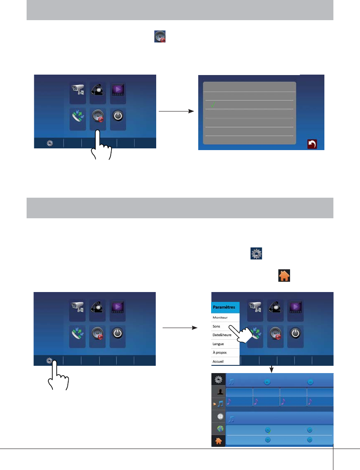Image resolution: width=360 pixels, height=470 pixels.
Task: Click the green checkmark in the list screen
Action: point(212,105)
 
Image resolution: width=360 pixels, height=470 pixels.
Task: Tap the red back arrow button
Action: point(312,145)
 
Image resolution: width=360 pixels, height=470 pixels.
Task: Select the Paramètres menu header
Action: point(226,307)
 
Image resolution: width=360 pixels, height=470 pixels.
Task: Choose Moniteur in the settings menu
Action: point(220,317)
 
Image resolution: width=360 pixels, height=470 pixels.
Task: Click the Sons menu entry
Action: point(217,326)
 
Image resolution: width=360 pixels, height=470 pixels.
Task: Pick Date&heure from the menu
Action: point(222,335)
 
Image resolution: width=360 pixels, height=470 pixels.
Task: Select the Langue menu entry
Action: point(218,344)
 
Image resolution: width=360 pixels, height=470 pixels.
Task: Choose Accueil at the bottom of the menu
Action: point(218,362)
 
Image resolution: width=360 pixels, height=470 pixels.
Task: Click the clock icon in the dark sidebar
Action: point(219,416)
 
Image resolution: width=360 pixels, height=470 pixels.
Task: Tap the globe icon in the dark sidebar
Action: point(219,428)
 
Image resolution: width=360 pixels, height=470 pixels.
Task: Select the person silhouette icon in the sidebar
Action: point(219,391)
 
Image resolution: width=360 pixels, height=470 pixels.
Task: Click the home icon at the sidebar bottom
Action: point(219,440)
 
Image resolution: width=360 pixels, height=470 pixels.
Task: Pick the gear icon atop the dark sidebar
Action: point(219,379)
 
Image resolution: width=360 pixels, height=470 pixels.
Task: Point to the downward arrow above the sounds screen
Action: point(271,369)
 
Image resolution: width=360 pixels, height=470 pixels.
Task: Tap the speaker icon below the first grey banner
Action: point(160,36)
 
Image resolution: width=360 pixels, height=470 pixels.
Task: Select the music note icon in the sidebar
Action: point(220,404)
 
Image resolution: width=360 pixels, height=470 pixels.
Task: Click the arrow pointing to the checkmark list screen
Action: point(176,111)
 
